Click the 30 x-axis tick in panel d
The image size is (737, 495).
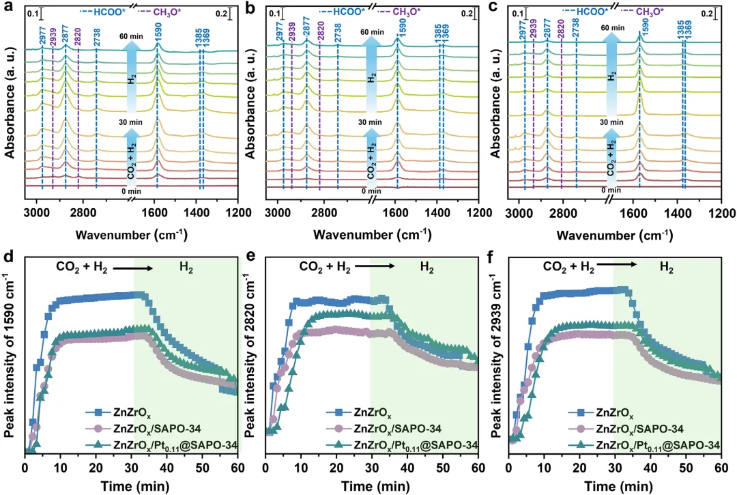[x=131, y=466]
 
